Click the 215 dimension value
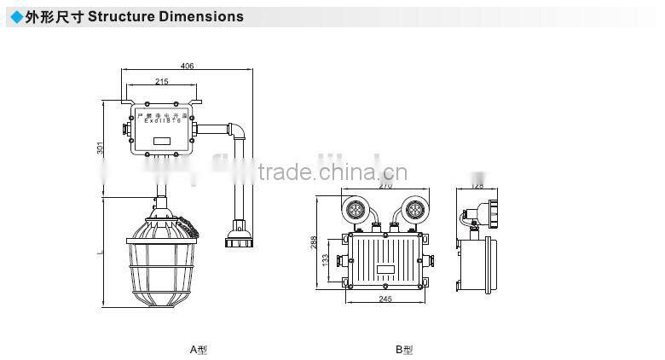(162, 82)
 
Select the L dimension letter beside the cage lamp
(100, 253)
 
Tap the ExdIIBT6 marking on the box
(162, 123)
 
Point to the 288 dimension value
(314, 243)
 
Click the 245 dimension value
(386, 299)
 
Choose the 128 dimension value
(477, 185)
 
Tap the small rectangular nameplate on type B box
(385, 270)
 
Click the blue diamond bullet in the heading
(15, 16)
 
